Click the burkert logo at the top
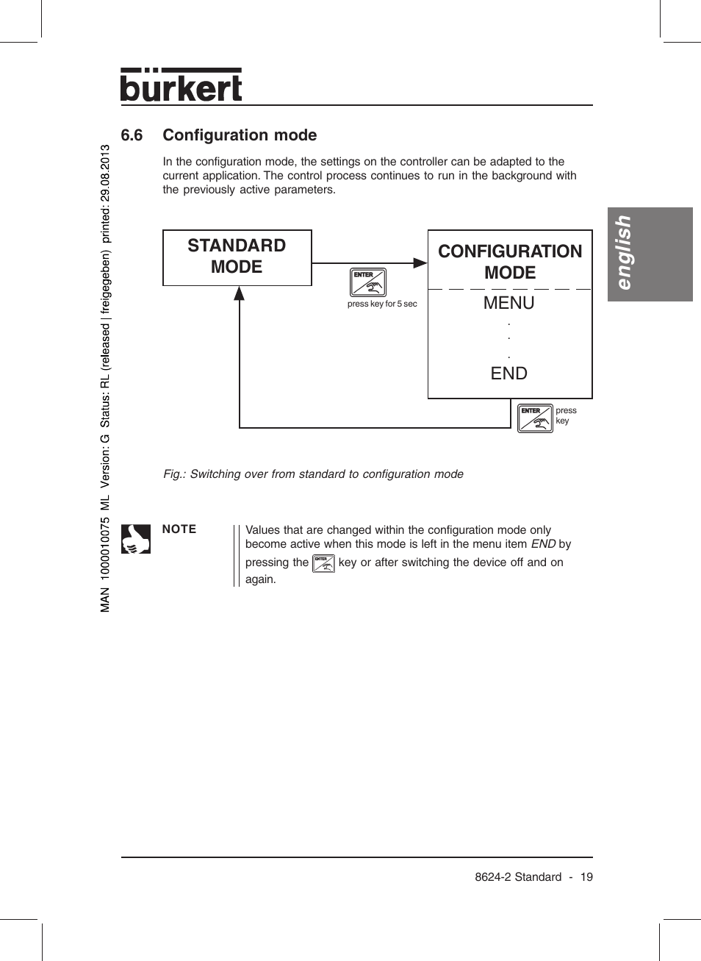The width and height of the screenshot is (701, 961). click(x=181, y=85)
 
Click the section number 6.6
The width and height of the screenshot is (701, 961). click(x=132, y=135)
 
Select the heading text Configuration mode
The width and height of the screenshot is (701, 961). click(x=240, y=135)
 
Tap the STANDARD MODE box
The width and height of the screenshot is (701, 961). click(x=237, y=257)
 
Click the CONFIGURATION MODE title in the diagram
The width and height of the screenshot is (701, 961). click(x=510, y=262)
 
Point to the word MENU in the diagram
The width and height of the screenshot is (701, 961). click(x=508, y=303)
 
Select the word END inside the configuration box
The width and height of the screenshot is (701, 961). click(x=508, y=374)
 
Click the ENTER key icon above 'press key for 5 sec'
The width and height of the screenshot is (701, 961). click(x=368, y=282)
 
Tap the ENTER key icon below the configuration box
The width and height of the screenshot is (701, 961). click(x=535, y=418)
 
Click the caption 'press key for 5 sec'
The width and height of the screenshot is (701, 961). click(x=382, y=304)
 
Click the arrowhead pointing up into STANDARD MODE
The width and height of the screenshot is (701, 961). click(x=240, y=293)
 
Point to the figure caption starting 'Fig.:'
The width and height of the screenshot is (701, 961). click(x=313, y=474)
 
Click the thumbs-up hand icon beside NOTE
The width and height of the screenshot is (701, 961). click(x=136, y=539)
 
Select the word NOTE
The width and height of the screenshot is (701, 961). click(x=179, y=529)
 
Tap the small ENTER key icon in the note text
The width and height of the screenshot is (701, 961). click(x=323, y=564)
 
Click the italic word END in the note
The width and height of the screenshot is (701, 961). click(x=543, y=544)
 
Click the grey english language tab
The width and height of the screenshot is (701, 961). click(x=650, y=254)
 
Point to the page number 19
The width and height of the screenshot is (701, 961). click(x=586, y=877)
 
